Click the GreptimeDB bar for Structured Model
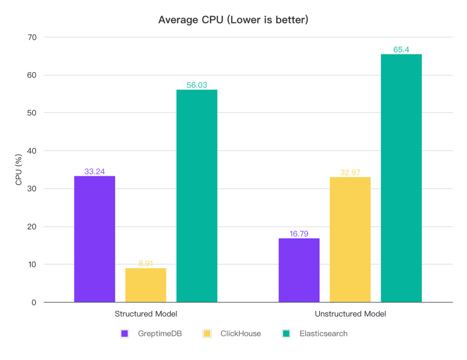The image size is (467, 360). (x=94, y=239)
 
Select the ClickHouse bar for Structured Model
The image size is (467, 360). (x=146, y=285)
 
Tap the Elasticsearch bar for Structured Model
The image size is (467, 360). (x=197, y=196)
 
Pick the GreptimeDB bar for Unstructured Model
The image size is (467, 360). (x=299, y=270)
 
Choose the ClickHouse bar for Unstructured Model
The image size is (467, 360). (x=350, y=239)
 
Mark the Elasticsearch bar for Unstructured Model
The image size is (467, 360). (x=401, y=178)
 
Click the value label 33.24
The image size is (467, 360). (x=95, y=171)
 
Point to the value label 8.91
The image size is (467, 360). (x=146, y=264)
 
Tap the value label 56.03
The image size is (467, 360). (x=197, y=85)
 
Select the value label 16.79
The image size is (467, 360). (x=299, y=234)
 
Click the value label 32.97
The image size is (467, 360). (x=350, y=173)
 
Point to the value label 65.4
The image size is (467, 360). (x=401, y=50)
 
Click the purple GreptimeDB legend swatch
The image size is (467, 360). (x=125, y=334)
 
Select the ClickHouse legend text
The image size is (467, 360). (x=240, y=334)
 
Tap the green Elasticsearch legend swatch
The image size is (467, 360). (x=286, y=334)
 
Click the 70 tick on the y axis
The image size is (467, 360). (x=32, y=38)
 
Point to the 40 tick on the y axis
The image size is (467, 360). (x=32, y=151)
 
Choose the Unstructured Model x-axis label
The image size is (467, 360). (x=350, y=314)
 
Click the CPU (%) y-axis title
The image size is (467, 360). (x=19, y=170)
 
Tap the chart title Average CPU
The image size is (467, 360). (x=233, y=20)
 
